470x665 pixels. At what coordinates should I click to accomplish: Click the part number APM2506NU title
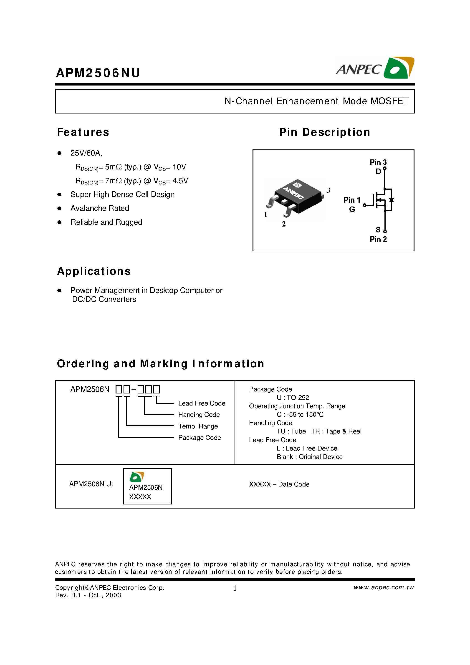point(98,73)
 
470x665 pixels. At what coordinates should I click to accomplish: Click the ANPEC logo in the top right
point(375,68)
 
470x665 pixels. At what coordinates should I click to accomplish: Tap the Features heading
point(83,132)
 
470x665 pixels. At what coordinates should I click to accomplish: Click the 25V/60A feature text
point(86,153)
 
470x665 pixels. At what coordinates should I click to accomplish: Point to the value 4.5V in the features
point(180,181)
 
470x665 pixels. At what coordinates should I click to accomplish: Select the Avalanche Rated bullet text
point(100,208)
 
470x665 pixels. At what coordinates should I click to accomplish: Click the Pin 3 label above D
point(378,162)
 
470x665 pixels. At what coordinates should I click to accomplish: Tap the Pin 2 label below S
point(378,239)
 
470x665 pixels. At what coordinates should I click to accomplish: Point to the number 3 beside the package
point(328,190)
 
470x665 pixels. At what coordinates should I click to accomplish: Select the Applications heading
point(94,271)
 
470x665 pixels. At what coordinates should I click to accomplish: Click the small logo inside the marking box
point(137,477)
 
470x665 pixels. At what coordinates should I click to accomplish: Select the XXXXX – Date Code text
point(279,484)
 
